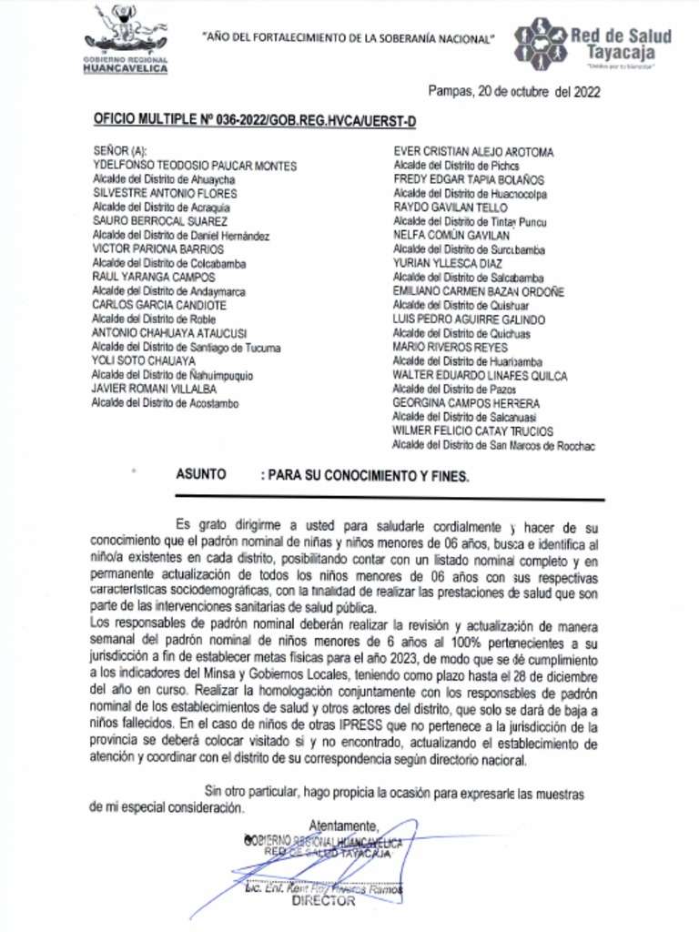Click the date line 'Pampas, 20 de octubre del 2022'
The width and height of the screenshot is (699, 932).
coord(513,91)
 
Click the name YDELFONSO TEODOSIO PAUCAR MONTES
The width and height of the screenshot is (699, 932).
coord(195,166)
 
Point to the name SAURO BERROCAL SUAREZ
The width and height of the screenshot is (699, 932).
coord(160,221)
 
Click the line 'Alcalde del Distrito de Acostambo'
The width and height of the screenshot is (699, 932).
coord(166,403)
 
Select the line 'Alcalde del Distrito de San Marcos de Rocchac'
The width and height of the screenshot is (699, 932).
coord(493,445)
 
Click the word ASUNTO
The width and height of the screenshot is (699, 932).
coord(199,475)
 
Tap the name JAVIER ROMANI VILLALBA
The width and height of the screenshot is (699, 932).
coord(160,390)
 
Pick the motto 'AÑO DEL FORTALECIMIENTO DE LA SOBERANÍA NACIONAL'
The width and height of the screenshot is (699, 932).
coord(349,39)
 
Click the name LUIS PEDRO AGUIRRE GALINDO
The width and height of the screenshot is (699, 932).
coord(469,319)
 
